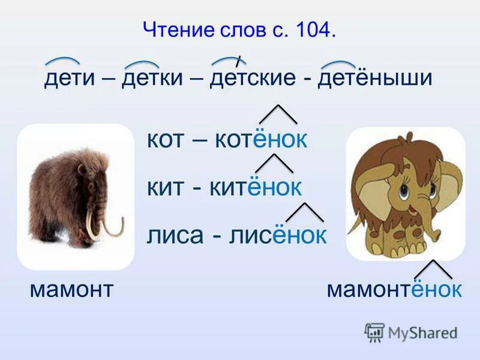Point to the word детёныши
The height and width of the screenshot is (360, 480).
click(375, 79)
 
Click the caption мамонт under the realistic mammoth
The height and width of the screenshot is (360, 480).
click(71, 290)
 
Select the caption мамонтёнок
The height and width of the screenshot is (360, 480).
click(394, 290)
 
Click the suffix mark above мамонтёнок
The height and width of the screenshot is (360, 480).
click(433, 268)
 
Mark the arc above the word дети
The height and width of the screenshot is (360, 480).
click(62, 61)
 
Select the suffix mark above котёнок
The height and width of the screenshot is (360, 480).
click(278, 113)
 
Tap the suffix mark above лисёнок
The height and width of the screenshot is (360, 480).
click(305, 211)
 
